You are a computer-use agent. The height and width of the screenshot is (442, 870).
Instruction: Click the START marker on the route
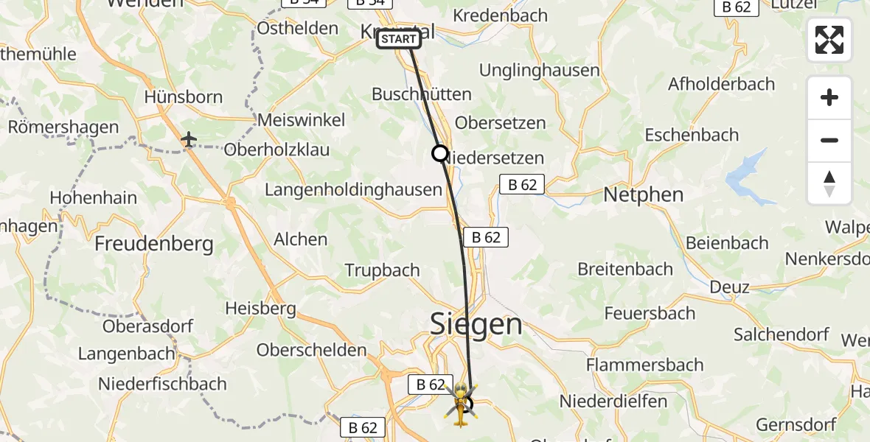pyautogui.click(x=398, y=39)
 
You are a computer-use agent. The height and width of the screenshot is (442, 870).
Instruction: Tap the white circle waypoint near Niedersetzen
pyautogui.click(x=439, y=153)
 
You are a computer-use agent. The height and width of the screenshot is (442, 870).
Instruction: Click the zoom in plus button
pyautogui.click(x=829, y=98)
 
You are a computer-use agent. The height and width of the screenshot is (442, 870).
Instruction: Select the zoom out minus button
pyautogui.click(x=829, y=141)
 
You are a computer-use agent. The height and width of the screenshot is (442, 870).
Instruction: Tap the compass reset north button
pyautogui.click(x=829, y=183)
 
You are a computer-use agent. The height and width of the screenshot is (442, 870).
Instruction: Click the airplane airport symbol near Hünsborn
pyautogui.click(x=189, y=138)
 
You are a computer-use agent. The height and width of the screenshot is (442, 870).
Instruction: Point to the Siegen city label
pyautogui.click(x=476, y=323)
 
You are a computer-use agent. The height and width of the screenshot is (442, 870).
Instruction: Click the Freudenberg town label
pyautogui.click(x=154, y=243)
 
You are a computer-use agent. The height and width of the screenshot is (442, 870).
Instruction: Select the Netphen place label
pyautogui.click(x=644, y=195)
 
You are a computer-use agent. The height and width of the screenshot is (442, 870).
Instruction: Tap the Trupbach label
pyautogui.click(x=382, y=270)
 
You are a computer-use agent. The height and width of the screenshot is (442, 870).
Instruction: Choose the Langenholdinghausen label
pyautogui.click(x=352, y=189)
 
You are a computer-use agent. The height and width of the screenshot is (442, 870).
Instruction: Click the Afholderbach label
pyautogui.click(x=721, y=84)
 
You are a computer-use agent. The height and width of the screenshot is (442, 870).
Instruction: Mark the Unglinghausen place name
pyautogui.click(x=539, y=71)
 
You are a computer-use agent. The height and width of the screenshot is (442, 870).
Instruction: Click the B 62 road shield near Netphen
pyautogui.click(x=523, y=184)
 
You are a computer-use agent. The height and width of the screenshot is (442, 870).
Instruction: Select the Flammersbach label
pyautogui.click(x=644, y=365)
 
